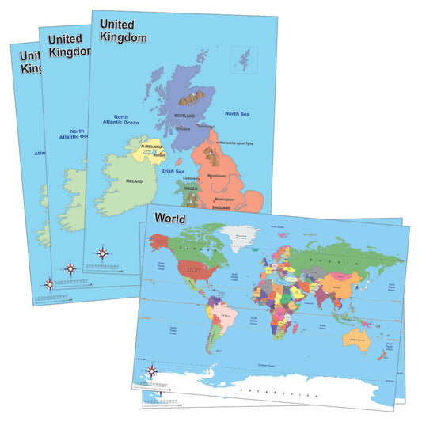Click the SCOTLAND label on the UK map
coord(184,116)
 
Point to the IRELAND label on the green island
coord(133,181)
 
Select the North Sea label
coord(237,114)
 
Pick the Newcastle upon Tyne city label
coord(242,142)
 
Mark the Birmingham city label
coord(225,199)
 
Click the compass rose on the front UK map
coord(103,253)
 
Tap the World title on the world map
coord(172,218)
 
